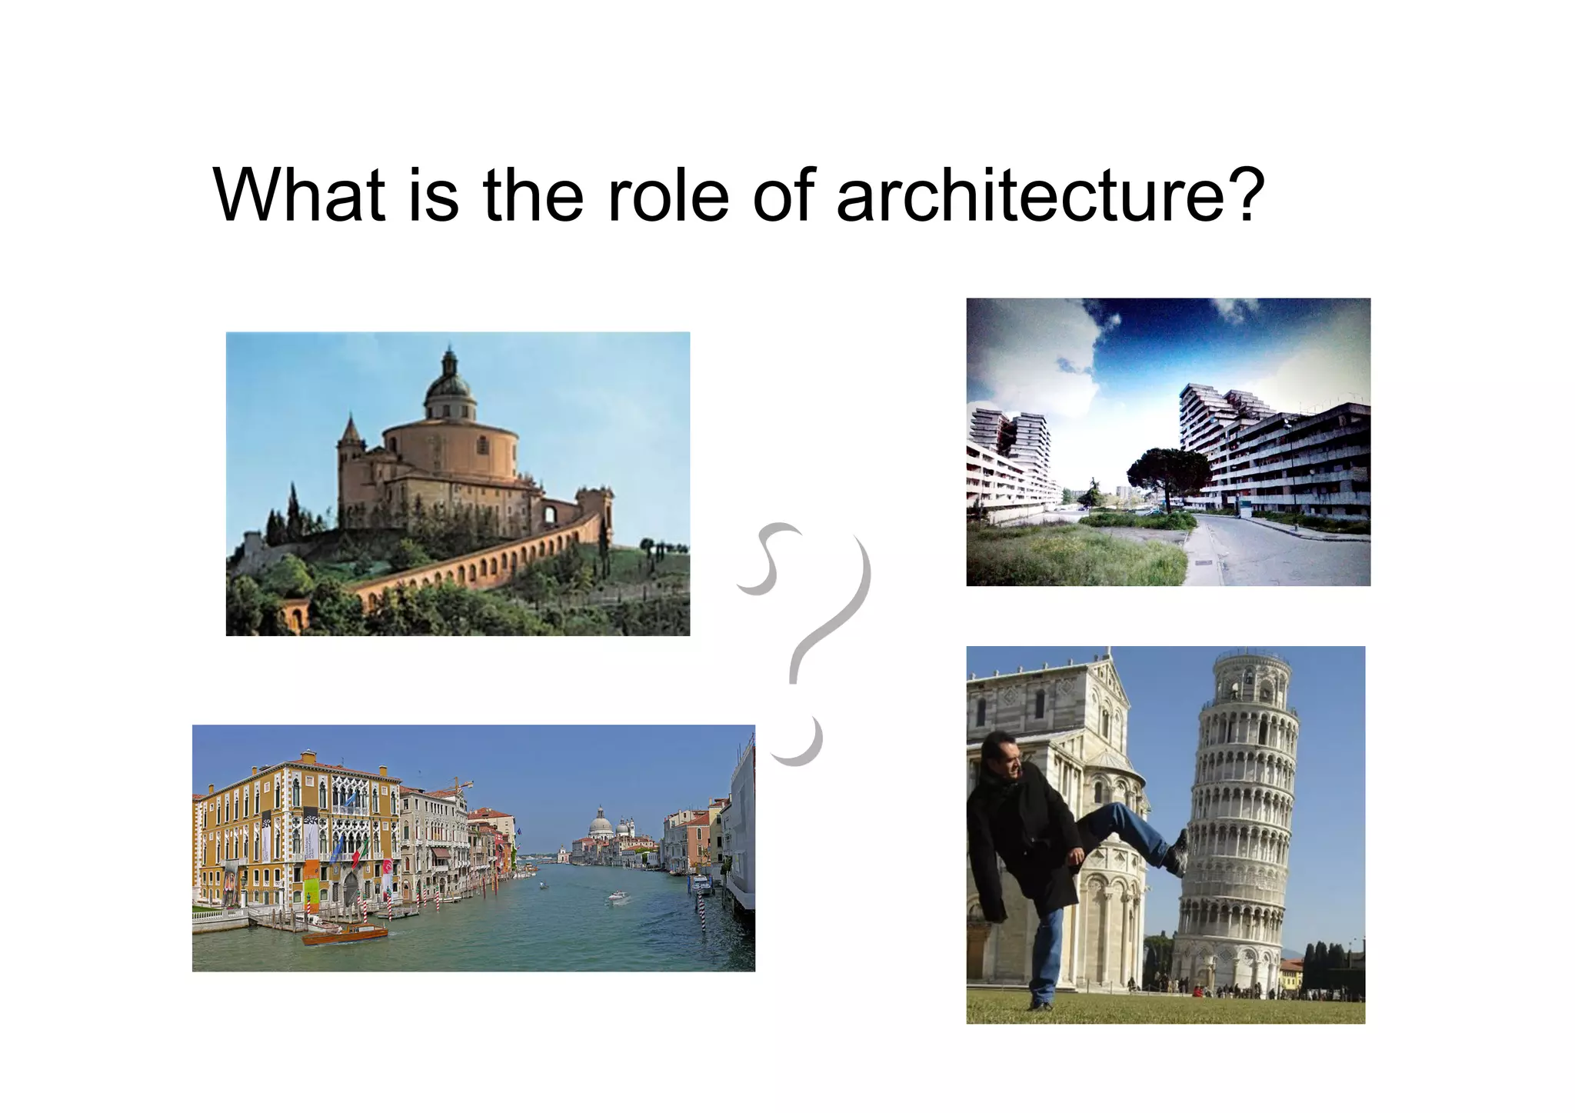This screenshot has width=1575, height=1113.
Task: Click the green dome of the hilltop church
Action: pos(449,385)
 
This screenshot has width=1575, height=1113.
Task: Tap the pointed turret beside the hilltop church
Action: pos(350,435)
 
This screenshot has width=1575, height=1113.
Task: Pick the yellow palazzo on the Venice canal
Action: pos(296,831)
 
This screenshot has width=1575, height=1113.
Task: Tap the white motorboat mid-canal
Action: pos(618,896)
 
